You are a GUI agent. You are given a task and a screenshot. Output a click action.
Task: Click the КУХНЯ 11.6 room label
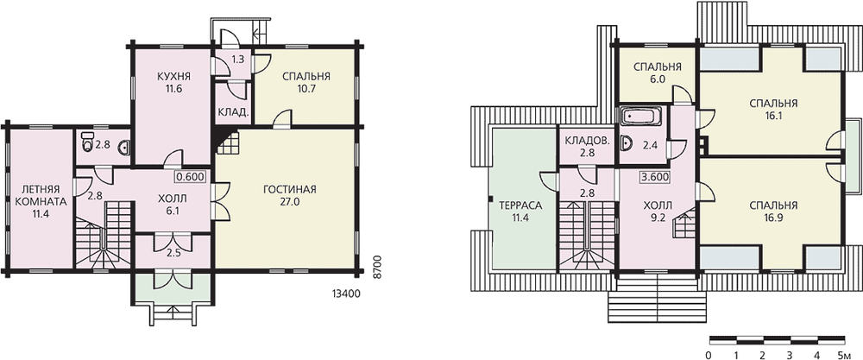click(x=169, y=80)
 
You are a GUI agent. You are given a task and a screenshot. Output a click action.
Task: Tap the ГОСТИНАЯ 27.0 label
click(x=289, y=195)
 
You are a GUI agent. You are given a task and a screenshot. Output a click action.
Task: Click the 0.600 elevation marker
click(x=192, y=177)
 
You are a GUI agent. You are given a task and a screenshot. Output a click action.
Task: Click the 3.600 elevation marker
click(x=655, y=177)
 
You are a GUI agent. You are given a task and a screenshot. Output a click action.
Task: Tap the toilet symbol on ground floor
click(x=86, y=142)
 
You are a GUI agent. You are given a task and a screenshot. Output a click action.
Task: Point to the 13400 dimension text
click(x=347, y=294)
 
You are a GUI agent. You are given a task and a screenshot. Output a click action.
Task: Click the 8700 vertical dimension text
click(x=377, y=267)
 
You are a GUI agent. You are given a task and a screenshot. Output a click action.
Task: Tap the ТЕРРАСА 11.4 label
click(x=520, y=212)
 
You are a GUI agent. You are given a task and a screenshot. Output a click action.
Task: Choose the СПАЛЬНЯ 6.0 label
click(x=658, y=73)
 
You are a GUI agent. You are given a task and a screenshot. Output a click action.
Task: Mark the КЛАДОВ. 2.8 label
click(x=587, y=147)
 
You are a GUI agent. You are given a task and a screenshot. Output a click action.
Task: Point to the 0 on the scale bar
click(x=709, y=353)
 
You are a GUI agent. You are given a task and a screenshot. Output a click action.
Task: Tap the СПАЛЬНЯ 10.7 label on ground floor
click(x=306, y=80)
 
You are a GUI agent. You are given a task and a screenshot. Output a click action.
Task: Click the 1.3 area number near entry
click(x=238, y=59)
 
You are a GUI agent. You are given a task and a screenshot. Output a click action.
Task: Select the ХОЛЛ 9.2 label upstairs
click(x=655, y=212)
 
